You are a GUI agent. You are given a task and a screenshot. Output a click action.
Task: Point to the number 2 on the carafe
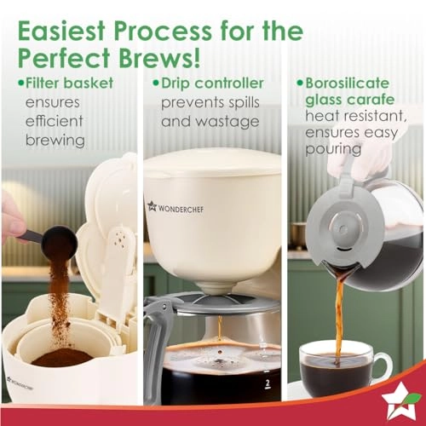(x=267, y=384)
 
